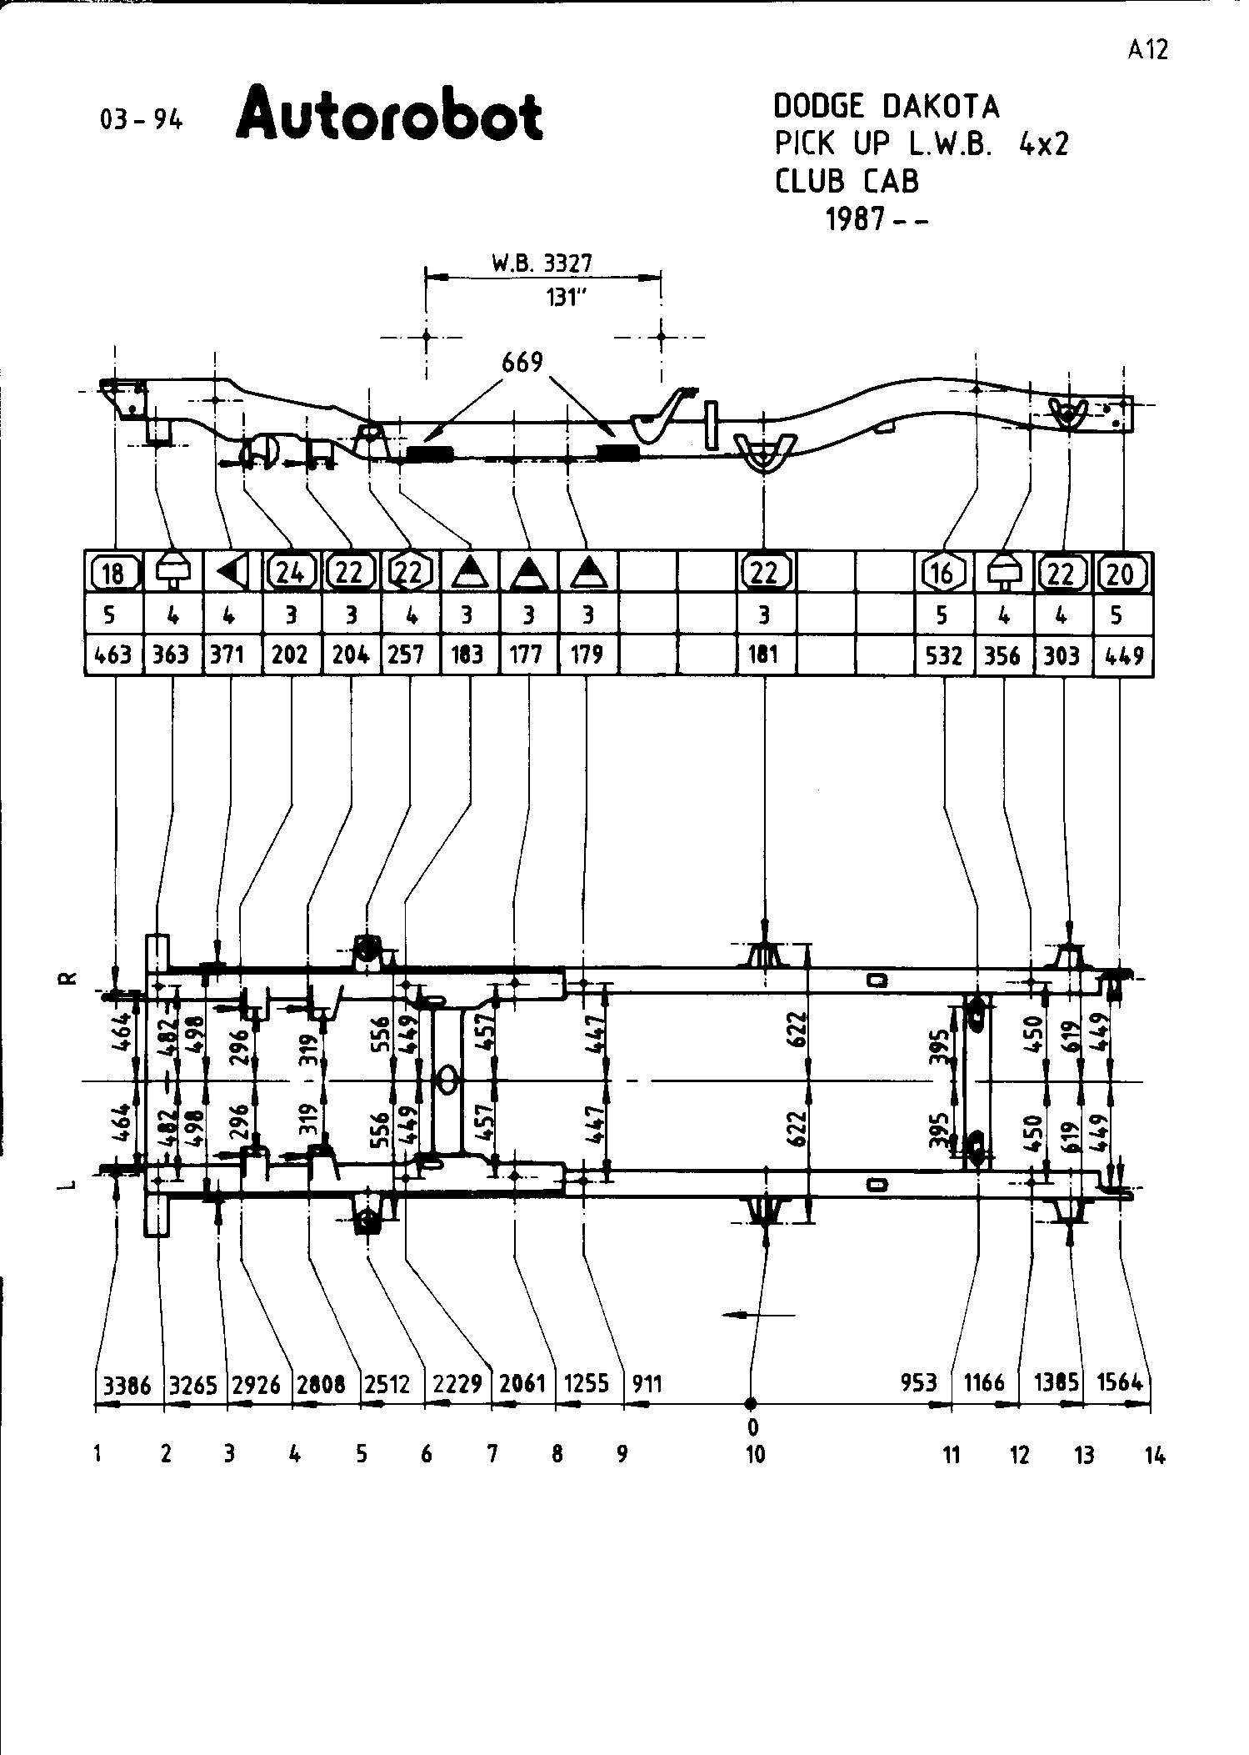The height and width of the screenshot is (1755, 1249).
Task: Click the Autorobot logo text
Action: coord(390,113)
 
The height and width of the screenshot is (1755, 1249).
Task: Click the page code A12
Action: coord(1148,49)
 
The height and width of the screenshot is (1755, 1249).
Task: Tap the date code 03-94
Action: coord(141,120)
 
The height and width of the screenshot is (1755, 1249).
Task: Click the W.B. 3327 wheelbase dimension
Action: coord(542,264)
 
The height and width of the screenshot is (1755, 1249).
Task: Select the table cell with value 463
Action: coord(113,655)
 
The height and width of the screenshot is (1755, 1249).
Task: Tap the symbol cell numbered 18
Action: coord(113,573)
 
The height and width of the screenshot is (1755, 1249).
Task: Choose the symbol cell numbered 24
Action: coord(291,573)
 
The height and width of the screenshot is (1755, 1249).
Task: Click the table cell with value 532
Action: coord(944,656)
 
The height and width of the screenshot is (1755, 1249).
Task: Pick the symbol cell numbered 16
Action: coord(943,573)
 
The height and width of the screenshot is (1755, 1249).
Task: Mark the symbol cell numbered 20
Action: coord(1122,573)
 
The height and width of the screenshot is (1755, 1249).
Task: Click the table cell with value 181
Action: coord(764,655)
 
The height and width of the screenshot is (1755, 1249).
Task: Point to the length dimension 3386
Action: coord(127,1386)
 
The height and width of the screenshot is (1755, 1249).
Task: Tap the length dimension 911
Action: coord(647,1385)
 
